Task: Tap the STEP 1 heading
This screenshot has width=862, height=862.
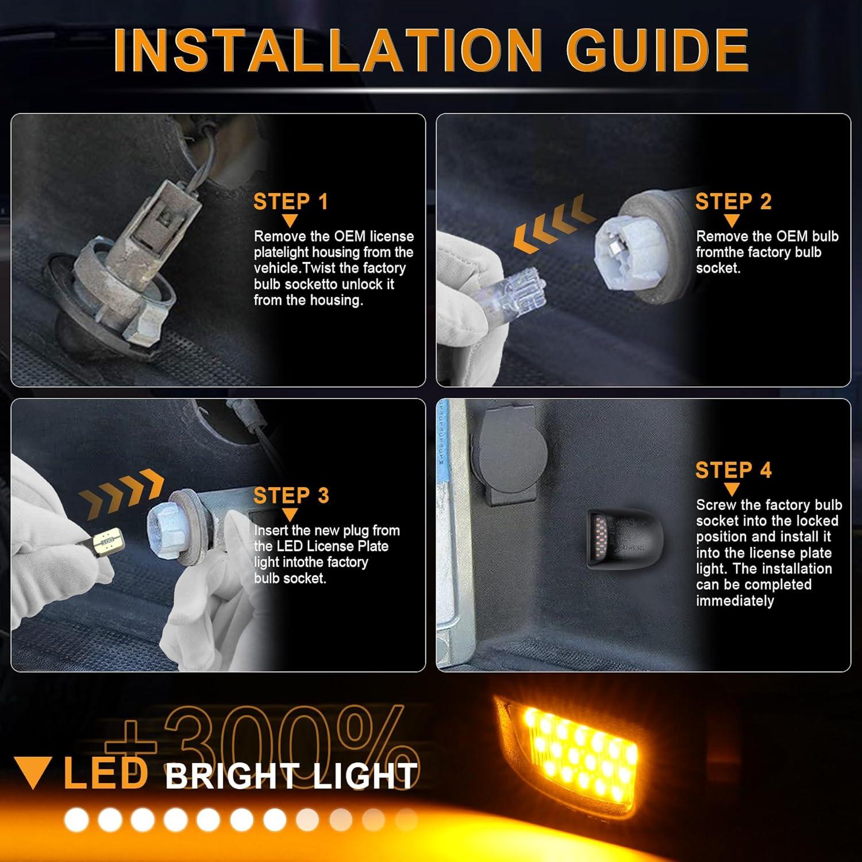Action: coord(291,202)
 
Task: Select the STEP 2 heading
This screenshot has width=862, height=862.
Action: coord(733,202)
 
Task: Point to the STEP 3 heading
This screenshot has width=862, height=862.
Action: coord(291,495)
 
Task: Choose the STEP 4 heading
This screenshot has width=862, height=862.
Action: coord(733,470)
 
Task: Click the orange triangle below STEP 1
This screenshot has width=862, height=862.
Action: coord(290,221)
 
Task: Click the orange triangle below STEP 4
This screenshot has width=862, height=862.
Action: coord(732,490)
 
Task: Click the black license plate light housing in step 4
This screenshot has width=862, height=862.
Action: coord(625,538)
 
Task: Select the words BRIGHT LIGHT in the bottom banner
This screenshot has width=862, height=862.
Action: coord(291,776)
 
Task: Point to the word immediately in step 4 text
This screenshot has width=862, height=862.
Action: coord(735,601)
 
